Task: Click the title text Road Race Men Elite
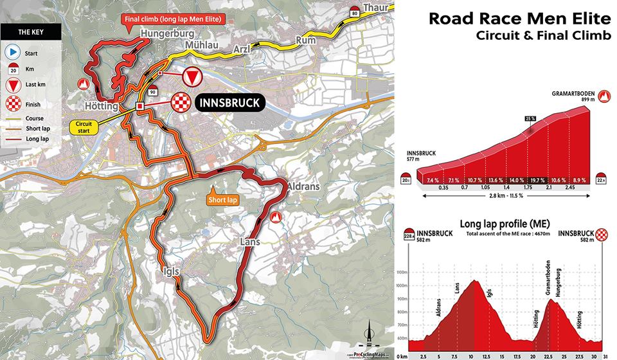(519, 17)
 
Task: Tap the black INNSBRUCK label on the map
(229, 103)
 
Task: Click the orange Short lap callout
(223, 201)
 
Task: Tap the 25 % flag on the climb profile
(530, 119)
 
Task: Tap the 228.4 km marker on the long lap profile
(407, 237)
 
